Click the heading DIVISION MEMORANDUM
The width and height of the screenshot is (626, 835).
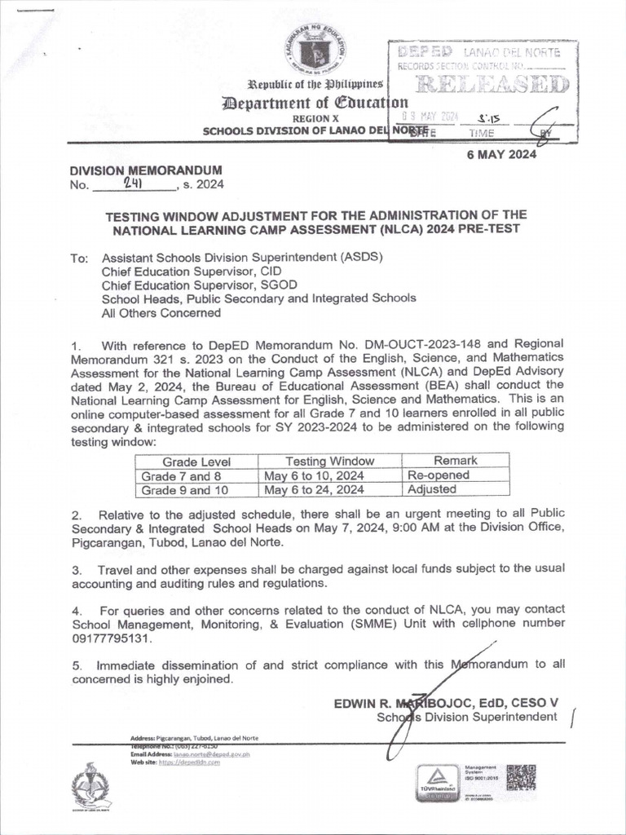pyautogui.click(x=146, y=170)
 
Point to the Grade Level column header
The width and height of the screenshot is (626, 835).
pyautogui.click(x=196, y=461)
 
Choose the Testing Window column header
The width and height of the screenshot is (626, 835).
pyautogui.click(x=329, y=461)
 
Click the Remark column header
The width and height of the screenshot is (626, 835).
pyautogui.click(x=455, y=461)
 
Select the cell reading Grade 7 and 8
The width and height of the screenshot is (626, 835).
pyautogui.click(x=181, y=475)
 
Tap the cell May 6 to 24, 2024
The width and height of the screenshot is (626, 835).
pyautogui.click(x=314, y=490)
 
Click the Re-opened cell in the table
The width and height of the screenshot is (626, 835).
pyautogui.click(x=438, y=475)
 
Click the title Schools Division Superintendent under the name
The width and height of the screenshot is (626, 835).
pyautogui.click(x=466, y=718)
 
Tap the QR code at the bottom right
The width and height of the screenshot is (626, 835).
pyautogui.click(x=521, y=779)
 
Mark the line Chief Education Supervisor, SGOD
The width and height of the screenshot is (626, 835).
pyautogui.click(x=199, y=285)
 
